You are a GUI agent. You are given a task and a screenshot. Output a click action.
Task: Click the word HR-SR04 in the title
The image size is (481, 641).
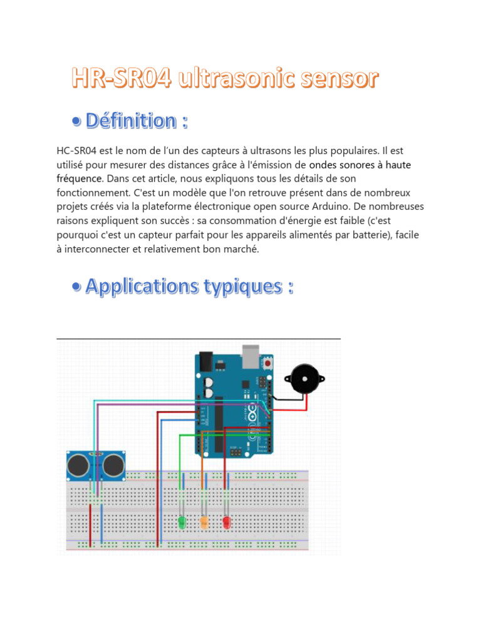point(122,78)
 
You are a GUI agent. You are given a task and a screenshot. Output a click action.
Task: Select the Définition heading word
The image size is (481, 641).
point(131,121)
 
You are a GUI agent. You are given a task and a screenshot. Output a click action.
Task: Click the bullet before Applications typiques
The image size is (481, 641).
point(76,287)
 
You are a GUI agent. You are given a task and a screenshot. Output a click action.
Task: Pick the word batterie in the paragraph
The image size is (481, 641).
point(370,235)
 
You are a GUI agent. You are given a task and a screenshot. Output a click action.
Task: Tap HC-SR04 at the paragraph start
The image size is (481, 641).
point(76,151)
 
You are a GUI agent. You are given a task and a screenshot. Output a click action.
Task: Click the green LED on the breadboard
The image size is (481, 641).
point(182,521)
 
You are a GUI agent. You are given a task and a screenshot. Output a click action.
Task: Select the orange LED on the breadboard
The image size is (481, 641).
point(204,521)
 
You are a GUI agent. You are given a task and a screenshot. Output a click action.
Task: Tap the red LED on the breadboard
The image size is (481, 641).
point(227,521)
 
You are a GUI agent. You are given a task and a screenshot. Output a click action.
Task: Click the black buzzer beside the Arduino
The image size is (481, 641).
point(305,379)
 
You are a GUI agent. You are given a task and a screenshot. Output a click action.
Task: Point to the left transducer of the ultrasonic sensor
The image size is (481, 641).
point(78,465)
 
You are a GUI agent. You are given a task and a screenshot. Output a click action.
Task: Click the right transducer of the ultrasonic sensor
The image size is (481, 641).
point(113,465)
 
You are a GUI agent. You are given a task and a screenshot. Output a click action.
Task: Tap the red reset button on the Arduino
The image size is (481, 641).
point(268,363)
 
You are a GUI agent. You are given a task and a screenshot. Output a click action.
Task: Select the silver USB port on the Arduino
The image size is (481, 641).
point(251,356)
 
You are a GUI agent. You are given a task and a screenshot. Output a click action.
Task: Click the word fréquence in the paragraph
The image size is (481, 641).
point(80,178)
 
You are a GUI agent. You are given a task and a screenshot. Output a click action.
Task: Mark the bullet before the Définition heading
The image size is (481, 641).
point(76,121)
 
